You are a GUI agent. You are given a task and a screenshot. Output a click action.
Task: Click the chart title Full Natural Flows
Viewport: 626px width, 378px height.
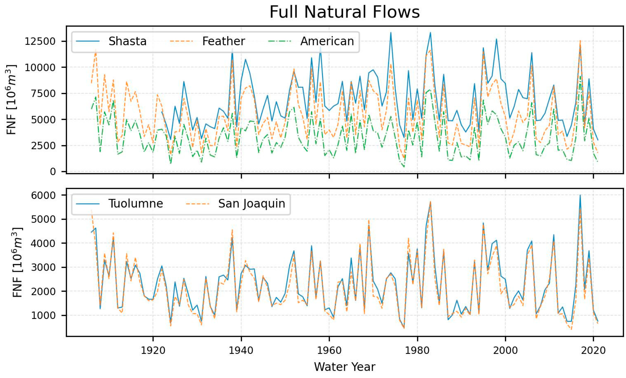[345, 12]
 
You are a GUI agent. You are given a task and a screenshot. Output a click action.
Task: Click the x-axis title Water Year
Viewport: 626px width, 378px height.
[345, 367]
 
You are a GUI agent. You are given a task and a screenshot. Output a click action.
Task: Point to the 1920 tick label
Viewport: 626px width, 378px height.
[153, 350]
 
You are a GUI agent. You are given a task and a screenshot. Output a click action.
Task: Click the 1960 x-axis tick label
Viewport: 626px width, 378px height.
[329, 350]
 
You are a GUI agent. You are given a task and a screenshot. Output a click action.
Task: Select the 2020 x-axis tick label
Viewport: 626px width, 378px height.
[593, 350]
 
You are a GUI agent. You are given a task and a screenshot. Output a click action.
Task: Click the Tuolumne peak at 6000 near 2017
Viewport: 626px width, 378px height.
[580, 195]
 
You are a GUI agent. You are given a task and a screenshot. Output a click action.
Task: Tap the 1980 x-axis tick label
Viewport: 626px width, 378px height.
[417, 350]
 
